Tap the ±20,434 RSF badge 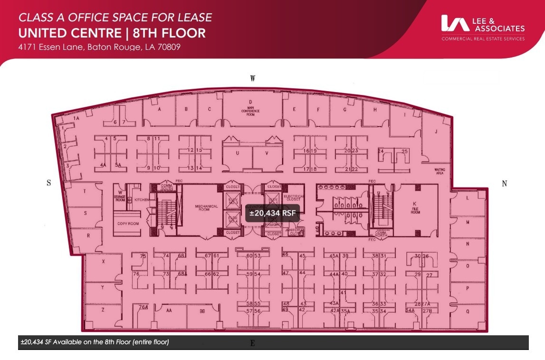coord(273,213)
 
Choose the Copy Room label coord(128,223)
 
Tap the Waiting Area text coord(440,171)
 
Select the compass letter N coord(504,184)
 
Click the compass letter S coord(48,184)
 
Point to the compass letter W coord(253,78)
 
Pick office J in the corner coord(435,133)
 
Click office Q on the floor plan coord(468,312)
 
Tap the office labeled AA coord(169,311)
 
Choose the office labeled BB coord(202,311)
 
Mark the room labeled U coord(237,153)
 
